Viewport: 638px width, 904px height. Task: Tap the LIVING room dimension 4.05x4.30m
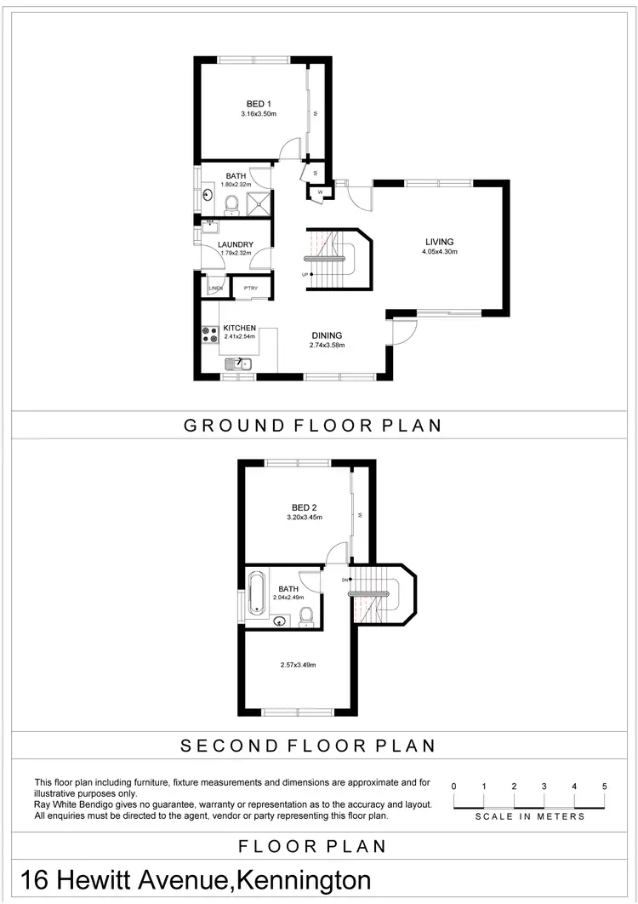440,252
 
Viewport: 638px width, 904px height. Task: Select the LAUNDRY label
236,244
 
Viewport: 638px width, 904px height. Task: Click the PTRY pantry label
251,289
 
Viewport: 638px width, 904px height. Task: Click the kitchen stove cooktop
208,335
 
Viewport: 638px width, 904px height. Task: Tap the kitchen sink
239,364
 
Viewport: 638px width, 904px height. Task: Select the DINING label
327,335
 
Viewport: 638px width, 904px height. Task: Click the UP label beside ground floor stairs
305,274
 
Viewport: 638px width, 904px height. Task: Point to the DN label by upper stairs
345,580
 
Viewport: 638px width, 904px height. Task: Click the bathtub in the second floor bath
257,593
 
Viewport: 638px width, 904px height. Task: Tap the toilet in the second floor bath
307,617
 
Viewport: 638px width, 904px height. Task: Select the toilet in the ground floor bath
231,203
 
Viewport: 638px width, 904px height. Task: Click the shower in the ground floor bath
258,203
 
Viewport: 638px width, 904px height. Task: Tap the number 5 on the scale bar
604,786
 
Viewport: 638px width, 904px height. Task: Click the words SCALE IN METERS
529,816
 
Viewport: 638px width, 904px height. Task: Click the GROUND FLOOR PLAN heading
312,426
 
